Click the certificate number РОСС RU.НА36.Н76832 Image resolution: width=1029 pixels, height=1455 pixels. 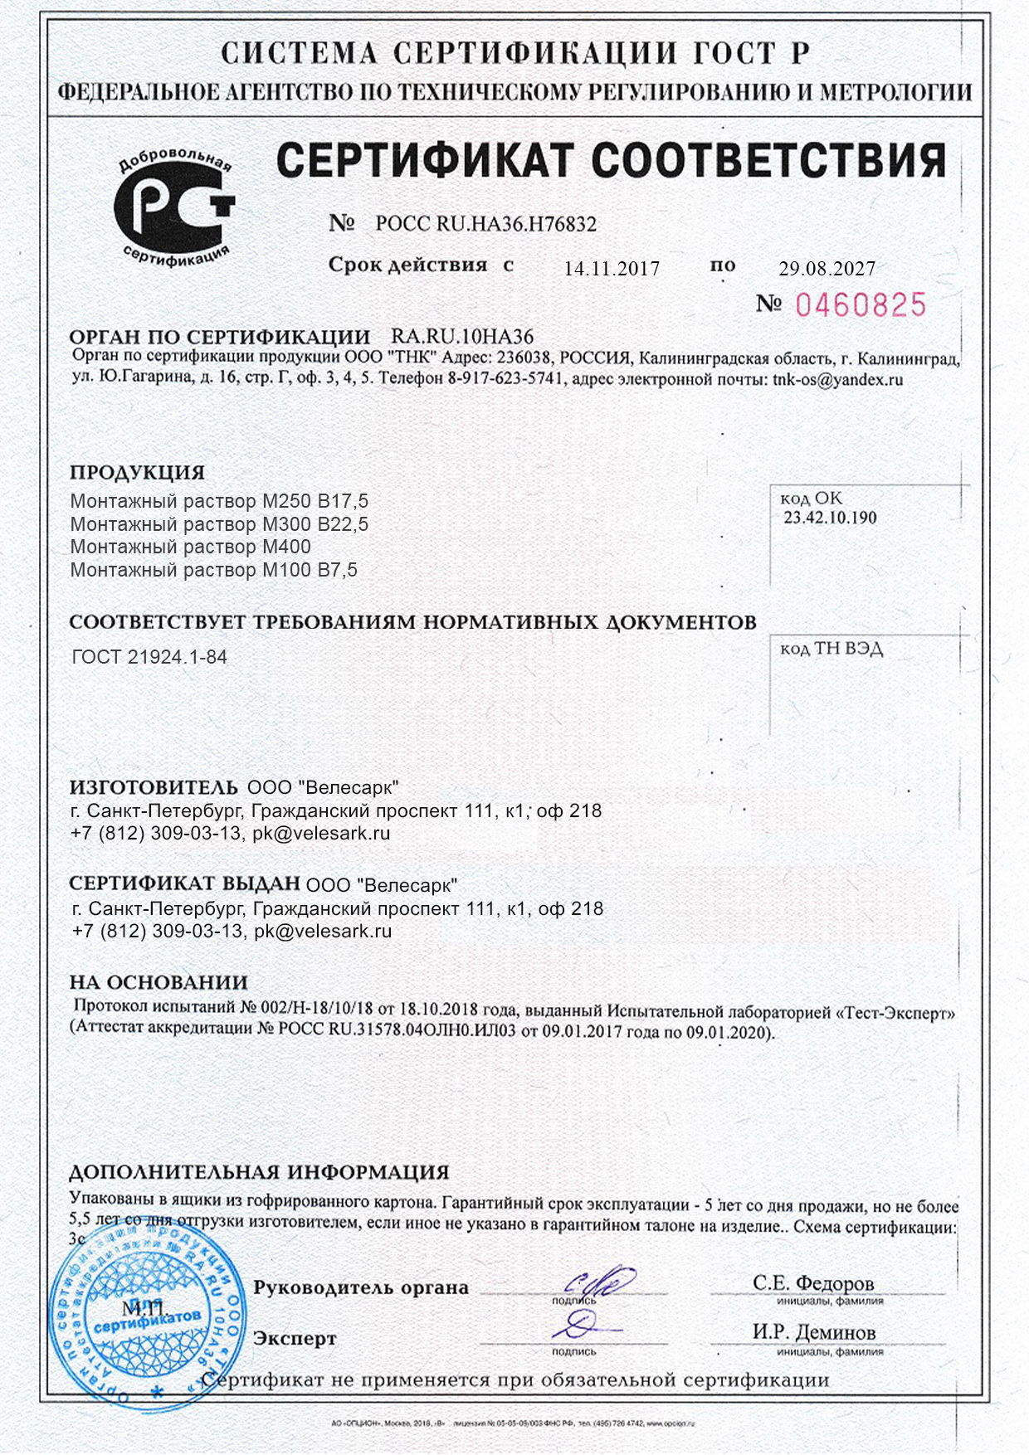(485, 224)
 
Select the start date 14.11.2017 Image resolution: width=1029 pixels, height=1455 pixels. (612, 269)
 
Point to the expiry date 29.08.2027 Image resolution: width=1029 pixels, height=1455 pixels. (827, 269)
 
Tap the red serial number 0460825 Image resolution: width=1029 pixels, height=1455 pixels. (860, 305)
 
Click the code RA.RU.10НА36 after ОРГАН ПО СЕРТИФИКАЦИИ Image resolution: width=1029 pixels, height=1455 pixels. (462, 337)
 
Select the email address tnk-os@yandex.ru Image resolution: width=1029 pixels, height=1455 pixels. (837, 380)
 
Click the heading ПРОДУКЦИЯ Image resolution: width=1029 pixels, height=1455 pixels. (137, 473)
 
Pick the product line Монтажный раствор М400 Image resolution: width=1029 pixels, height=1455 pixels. (191, 547)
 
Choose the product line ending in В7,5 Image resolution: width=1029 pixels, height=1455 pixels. (213, 570)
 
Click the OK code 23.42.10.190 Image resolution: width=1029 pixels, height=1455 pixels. (830, 518)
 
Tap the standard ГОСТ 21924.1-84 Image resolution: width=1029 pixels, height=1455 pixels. (149, 657)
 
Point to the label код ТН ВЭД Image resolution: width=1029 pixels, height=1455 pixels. (831, 649)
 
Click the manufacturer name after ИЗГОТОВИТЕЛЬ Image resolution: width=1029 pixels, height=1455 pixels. (323, 787)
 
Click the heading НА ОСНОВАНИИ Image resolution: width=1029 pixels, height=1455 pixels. (158, 982)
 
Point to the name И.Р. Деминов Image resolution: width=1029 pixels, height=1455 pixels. (813, 1332)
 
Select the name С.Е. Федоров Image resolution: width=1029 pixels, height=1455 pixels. (813, 1283)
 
